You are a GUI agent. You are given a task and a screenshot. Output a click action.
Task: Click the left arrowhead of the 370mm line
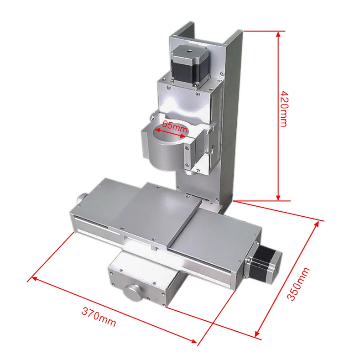pyautogui.click(x=31, y=278)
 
